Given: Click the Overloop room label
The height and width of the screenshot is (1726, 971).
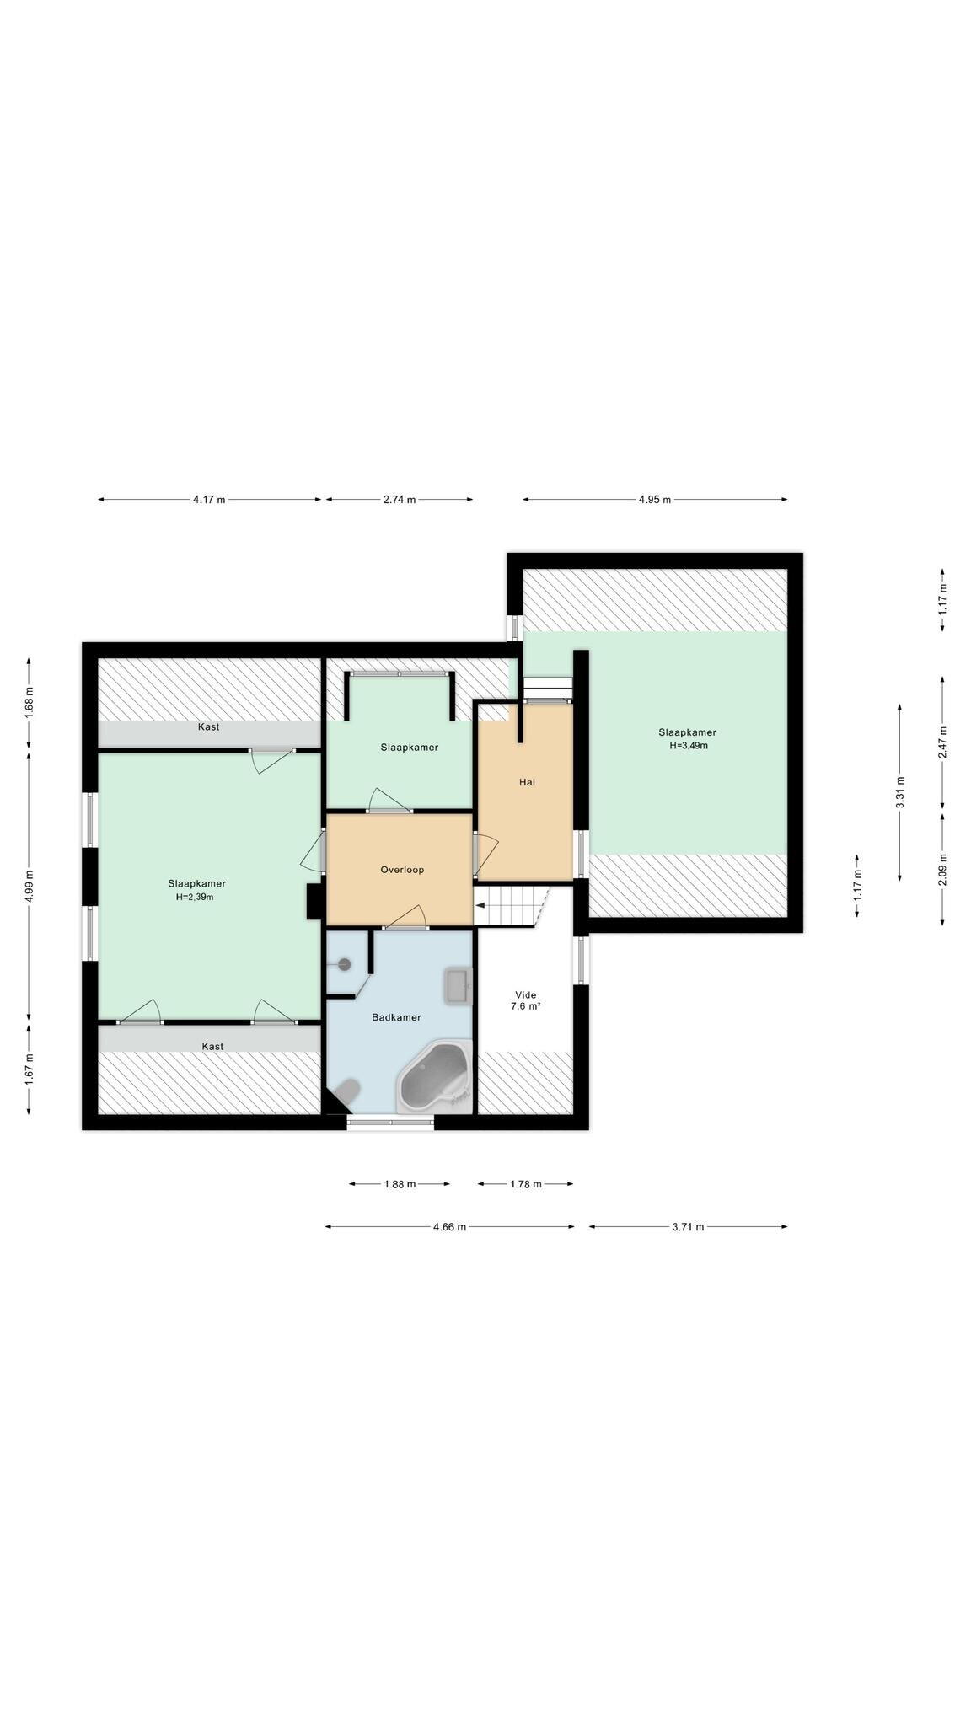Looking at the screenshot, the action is click(x=402, y=870).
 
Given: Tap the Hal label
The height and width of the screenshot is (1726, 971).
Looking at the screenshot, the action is click(x=527, y=782).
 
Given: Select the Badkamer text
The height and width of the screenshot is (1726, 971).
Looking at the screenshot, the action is click(x=396, y=1017).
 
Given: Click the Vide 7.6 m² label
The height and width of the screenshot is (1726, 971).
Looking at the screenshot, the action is click(x=525, y=1000).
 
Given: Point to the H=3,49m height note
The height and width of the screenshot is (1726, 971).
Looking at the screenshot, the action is click(x=688, y=746).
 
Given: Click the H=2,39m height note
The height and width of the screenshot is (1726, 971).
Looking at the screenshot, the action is click(x=195, y=897).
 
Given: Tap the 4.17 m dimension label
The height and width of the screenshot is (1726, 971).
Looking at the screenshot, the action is click(x=209, y=500).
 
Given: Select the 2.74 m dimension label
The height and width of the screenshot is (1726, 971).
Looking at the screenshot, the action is click(x=400, y=500).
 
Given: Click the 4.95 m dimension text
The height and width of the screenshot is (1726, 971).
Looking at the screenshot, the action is click(x=654, y=500).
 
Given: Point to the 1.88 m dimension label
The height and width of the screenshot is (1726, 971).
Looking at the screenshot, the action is click(x=400, y=1184).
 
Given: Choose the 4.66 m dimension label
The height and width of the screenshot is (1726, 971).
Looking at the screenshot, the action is click(x=449, y=1227).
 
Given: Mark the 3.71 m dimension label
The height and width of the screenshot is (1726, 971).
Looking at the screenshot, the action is click(x=688, y=1227).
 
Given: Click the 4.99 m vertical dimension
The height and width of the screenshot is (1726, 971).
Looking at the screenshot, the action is click(x=30, y=885).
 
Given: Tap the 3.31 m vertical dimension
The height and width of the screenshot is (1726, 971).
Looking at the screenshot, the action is click(x=900, y=792).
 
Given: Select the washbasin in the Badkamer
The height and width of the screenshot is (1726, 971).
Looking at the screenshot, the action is click(x=458, y=986).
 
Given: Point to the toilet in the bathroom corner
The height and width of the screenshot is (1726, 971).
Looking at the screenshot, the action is click(x=346, y=1093).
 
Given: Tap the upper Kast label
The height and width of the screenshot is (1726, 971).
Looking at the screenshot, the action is click(x=208, y=726).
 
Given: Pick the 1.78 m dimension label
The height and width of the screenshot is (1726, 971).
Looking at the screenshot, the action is click(x=525, y=1184).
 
